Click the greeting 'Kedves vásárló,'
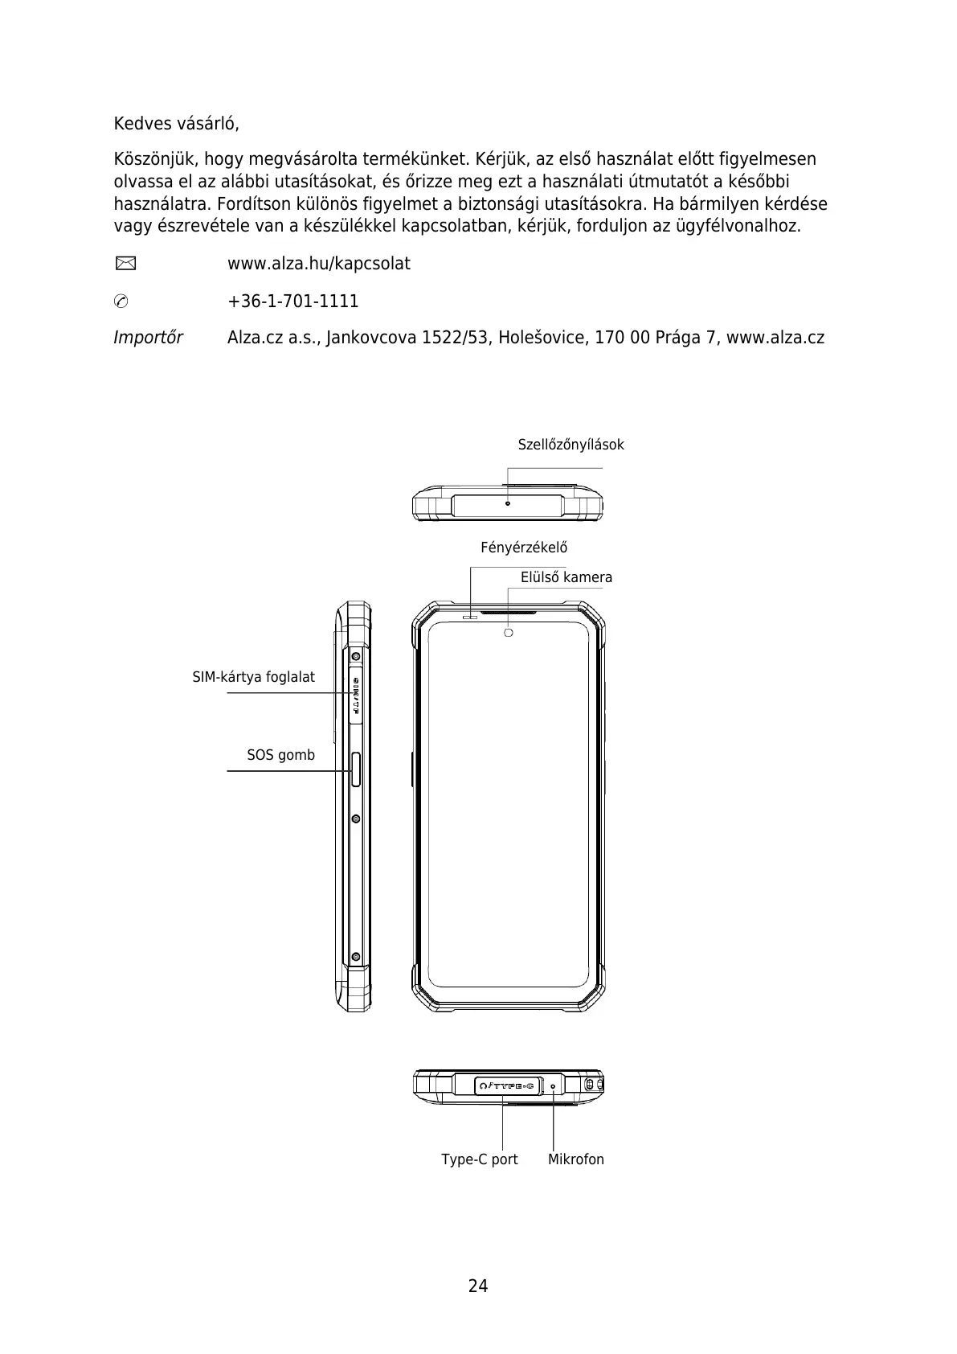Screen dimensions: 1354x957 tap(176, 125)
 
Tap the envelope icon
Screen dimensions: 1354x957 tap(125, 264)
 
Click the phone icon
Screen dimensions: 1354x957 tap(121, 302)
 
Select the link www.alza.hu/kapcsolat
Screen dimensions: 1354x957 tap(319, 264)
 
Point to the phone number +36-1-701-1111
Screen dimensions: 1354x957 tap(293, 302)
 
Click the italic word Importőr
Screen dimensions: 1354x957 tap(148, 338)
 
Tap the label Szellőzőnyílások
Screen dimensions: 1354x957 tap(571, 445)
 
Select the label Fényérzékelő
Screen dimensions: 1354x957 tap(524, 548)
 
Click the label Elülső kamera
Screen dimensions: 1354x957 tap(566, 577)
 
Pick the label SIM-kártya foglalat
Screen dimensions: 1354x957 tap(253, 677)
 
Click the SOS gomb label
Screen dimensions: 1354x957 tap(280, 755)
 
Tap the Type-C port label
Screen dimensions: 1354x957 tap(479, 1159)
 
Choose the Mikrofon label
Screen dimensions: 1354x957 tap(575, 1159)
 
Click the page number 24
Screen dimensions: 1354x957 tap(478, 1286)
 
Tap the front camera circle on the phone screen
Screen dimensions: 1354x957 tap(508, 633)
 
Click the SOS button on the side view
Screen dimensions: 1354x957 tap(356, 769)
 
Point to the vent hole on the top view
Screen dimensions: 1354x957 tap(507, 503)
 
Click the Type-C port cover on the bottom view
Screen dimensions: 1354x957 tap(506, 1086)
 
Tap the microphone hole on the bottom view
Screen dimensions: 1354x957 tap(553, 1086)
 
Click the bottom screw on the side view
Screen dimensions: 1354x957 tap(355, 957)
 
